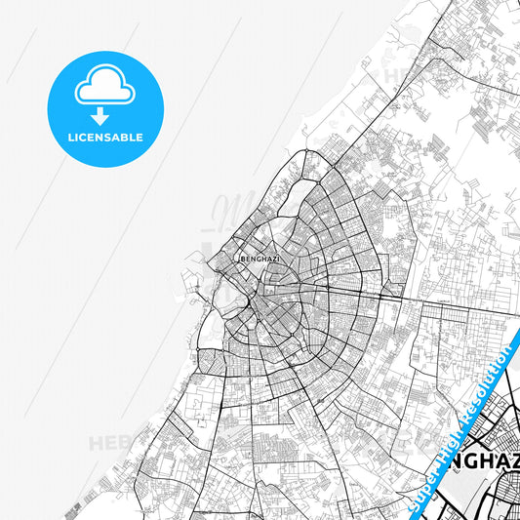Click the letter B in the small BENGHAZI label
click(242, 260)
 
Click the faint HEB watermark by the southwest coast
click(109, 444)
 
